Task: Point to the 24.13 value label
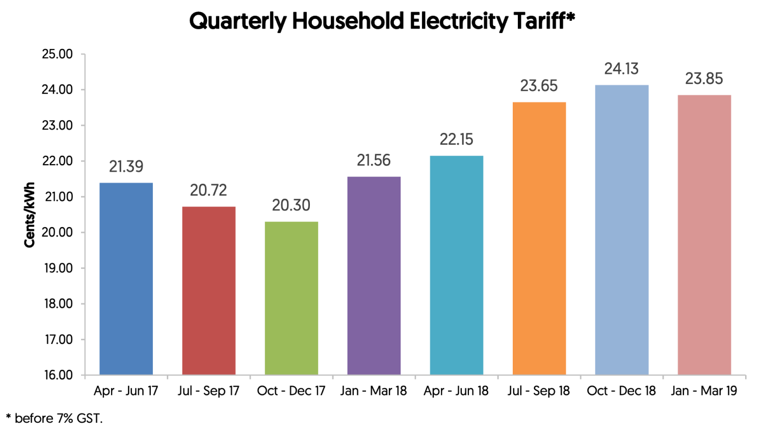point(621,69)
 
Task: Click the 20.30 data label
point(291,205)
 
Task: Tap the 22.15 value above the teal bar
point(456,140)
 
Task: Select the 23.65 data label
point(539,86)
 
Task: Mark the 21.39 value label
point(126,167)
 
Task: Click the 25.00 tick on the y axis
point(57,54)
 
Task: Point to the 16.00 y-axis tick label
point(58,375)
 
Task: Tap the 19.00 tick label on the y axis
point(58,268)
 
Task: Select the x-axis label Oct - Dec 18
point(621,391)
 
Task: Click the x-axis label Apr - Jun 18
point(456,391)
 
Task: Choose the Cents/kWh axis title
point(30,215)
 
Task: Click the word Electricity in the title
point(459,22)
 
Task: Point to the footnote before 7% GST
point(55,419)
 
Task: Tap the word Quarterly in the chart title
point(238,22)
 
